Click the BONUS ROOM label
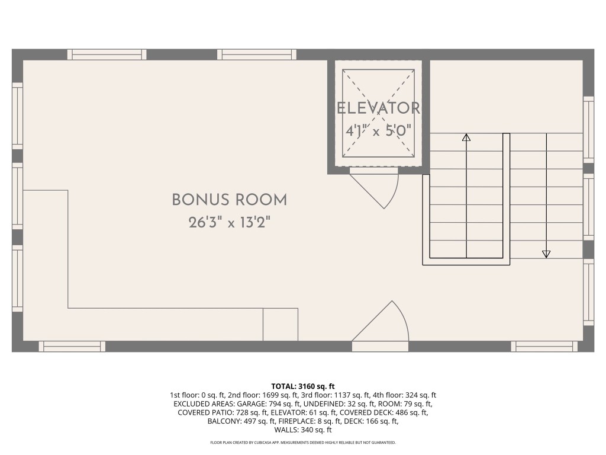click(229, 200)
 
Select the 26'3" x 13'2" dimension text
click(229, 223)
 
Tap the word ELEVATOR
click(378, 108)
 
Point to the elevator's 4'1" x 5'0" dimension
click(378, 131)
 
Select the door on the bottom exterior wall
click(380, 346)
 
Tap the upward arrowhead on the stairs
click(466, 137)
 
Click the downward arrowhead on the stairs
click(546, 254)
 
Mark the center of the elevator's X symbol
click(378, 113)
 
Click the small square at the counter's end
click(280, 324)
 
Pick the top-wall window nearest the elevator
click(257, 55)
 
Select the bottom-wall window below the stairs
click(544, 346)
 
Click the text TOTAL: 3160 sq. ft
click(303, 386)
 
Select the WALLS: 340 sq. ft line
click(303, 430)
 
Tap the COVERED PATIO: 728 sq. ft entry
click(210, 412)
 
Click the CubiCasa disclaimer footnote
click(303, 443)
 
